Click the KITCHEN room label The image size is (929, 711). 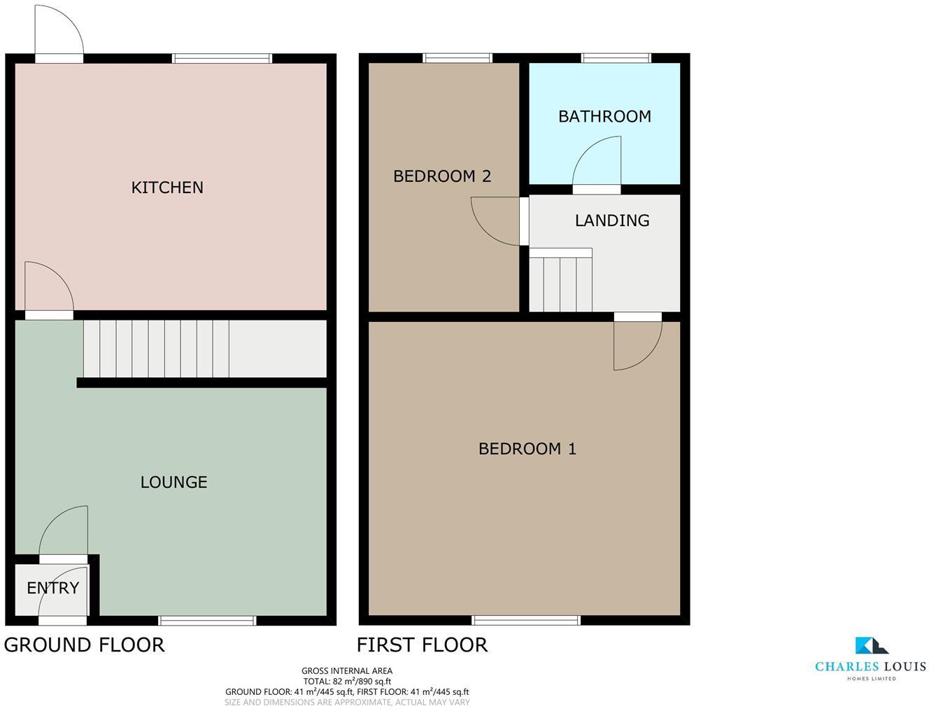167,188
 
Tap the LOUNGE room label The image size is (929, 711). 173,482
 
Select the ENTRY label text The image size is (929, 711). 52,588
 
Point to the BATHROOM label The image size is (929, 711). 604,116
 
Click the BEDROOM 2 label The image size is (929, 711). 442,176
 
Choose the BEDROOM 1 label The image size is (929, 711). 527,449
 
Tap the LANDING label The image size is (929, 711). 612,220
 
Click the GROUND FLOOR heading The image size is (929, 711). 84,645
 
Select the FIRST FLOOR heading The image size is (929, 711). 422,645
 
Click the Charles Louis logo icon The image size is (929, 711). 871,645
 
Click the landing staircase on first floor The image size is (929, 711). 560,281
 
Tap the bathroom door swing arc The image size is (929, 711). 597,162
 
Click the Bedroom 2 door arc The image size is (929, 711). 496,221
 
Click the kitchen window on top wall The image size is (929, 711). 222,59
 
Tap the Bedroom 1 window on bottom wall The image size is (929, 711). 526,620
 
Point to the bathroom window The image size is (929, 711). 616,59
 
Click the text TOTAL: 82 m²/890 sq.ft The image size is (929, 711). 346,681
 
